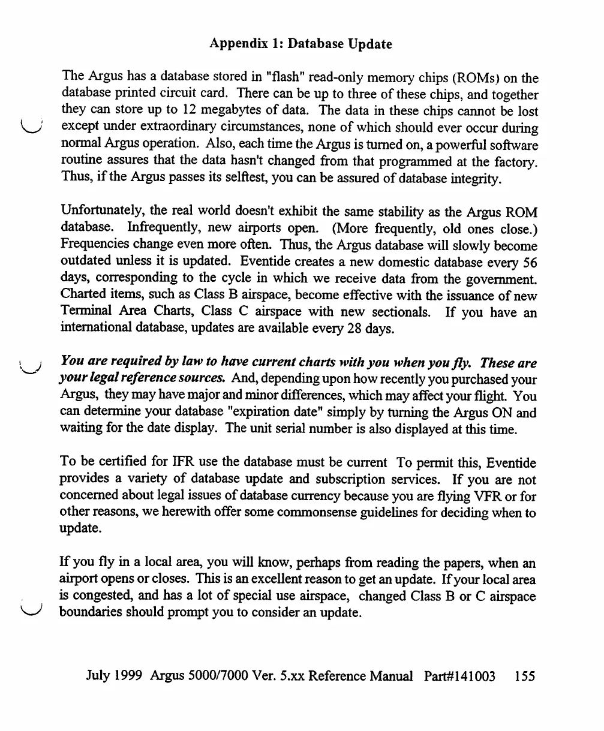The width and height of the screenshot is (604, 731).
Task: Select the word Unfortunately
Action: (100, 213)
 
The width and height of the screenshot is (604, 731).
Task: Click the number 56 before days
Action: (530, 263)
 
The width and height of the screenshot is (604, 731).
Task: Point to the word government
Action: (501, 279)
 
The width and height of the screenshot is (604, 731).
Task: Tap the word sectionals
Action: (400, 313)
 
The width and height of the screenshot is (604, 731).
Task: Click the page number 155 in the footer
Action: (525, 677)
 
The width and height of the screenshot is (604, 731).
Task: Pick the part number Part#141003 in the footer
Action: (459, 677)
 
